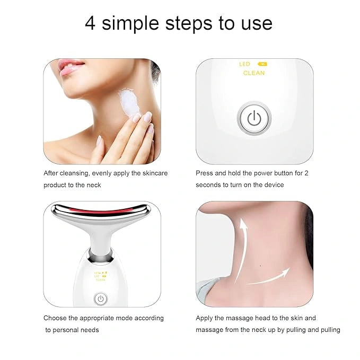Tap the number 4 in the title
[x=90, y=23]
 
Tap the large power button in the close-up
[x=254, y=118]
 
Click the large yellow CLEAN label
[x=254, y=73]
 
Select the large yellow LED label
[x=244, y=64]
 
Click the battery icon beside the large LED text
[x=262, y=64]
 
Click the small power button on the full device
[x=100, y=298]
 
